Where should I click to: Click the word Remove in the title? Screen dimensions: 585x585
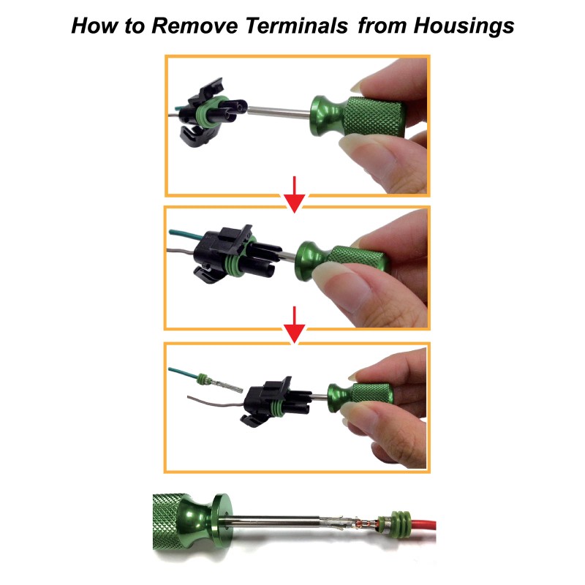193,26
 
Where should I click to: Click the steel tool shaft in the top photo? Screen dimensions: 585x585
282,111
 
